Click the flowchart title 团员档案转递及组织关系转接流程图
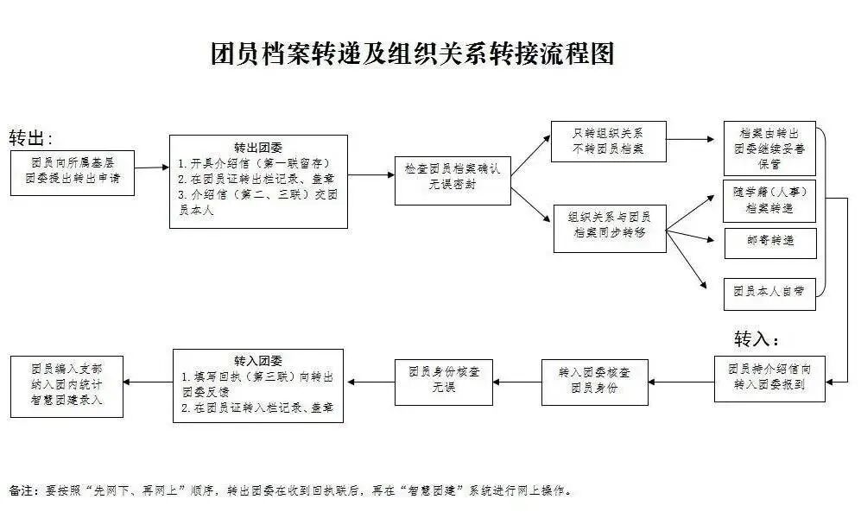click(412, 54)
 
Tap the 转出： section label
click(31, 139)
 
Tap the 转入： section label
click(757, 338)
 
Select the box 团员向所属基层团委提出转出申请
click(73, 173)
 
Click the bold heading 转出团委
click(257, 147)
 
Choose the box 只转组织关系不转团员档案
click(609, 141)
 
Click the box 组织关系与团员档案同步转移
click(609, 225)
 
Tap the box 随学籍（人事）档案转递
click(769, 200)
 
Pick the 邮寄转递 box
click(769, 243)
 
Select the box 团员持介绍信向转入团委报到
click(769, 378)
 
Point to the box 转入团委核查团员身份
click(594, 381)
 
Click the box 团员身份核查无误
click(444, 381)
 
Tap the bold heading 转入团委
click(257, 360)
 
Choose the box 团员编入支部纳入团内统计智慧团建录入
click(66, 381)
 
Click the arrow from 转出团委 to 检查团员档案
click(371, 175)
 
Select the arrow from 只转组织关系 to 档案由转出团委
click(696, 138)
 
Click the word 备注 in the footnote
click(22, 490)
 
